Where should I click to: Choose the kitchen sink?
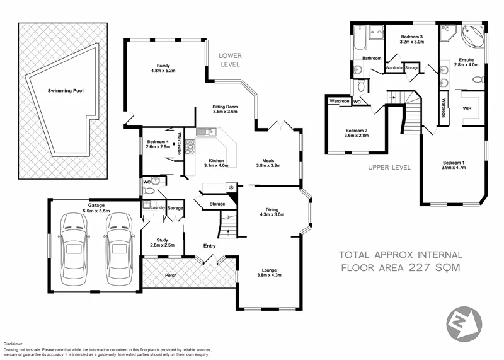tap(205, 132)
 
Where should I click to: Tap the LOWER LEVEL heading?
tap(231, 60)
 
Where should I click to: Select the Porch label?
tap(170, 276)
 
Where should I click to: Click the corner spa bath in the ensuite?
tap(474, 36)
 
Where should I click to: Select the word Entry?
tap(210, 246)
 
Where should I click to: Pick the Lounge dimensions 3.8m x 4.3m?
tap(270, 276)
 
